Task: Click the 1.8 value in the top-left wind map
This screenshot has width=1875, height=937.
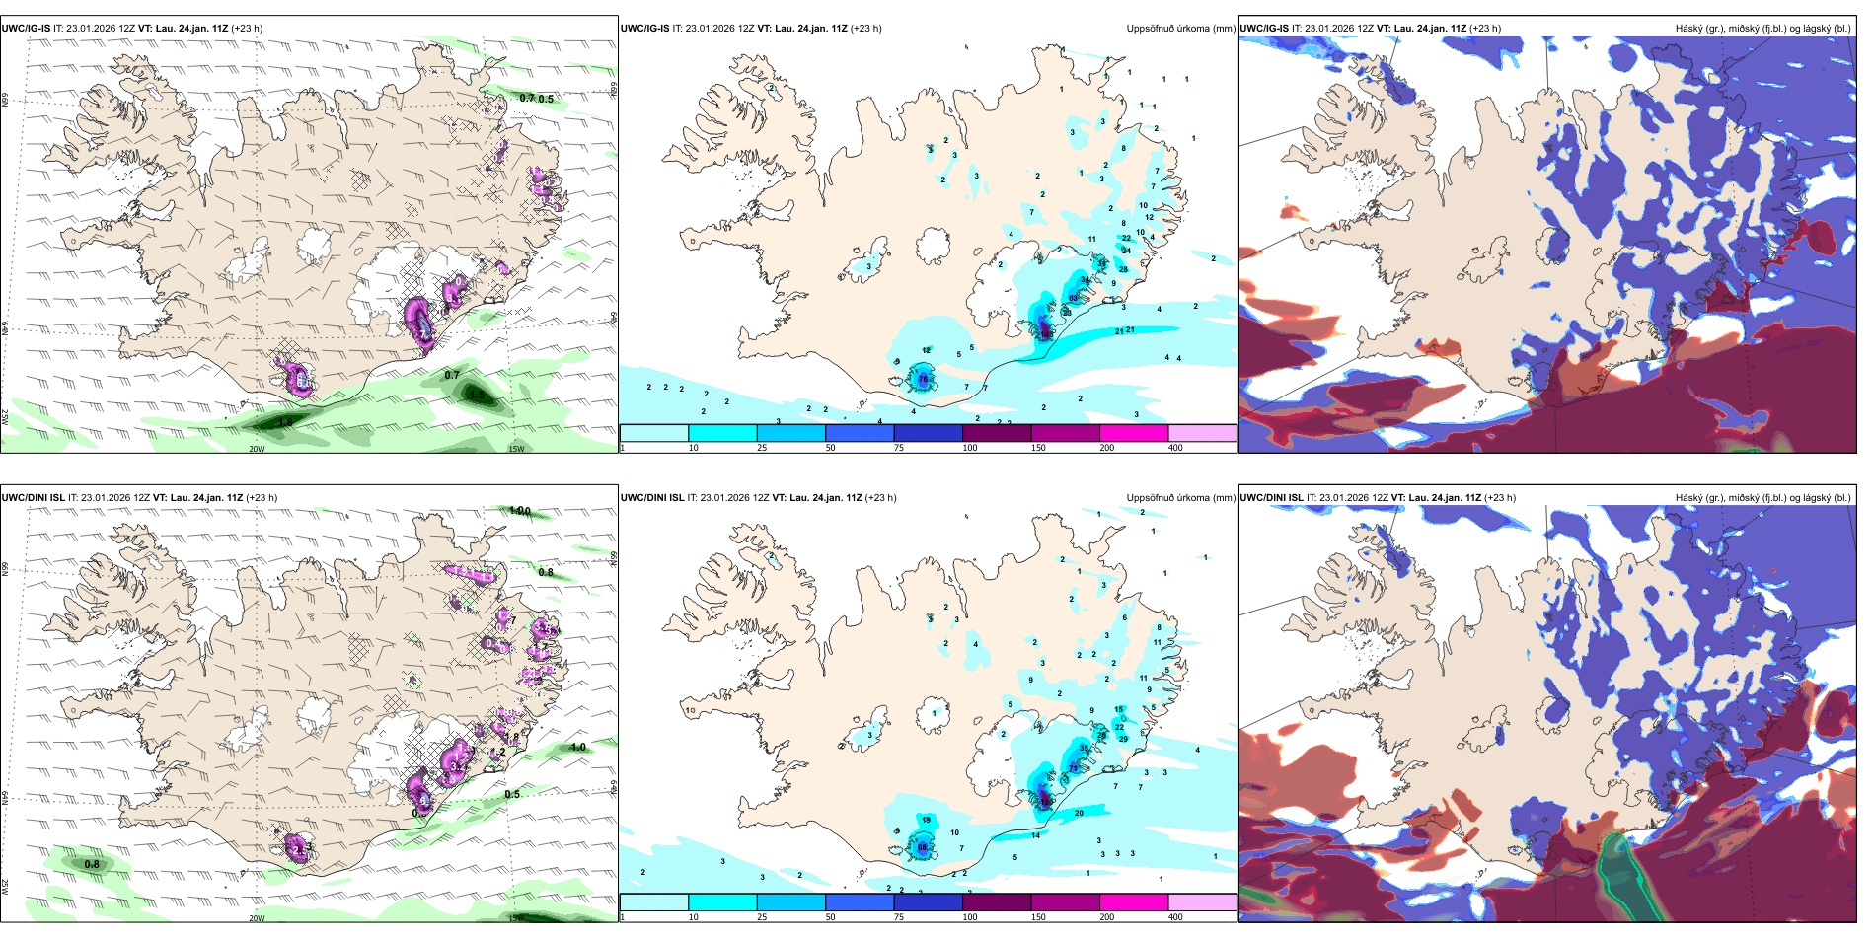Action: [x=285, y=422]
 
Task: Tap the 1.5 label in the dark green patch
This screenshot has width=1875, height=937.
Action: [x=477, y=395]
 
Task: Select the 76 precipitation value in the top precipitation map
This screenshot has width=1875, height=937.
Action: [x=924, y=379]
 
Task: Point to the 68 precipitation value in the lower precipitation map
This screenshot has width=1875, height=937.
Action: [x=923, y=847]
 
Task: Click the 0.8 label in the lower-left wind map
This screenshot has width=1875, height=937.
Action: [x=92, y=865]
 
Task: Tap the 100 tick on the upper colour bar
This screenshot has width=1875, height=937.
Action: [x=970, y=448]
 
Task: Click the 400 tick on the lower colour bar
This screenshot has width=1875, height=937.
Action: [x=1175, y=917]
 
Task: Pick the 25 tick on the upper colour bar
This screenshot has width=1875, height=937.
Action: [x=762, y=448]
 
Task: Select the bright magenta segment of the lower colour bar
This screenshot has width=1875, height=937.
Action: [x=1134, y=902]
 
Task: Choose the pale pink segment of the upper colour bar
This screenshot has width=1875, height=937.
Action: [x=1202, y=433]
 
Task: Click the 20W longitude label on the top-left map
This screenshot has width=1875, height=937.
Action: [x=257, y=449]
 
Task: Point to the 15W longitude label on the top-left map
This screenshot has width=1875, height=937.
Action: [x=516, y=449]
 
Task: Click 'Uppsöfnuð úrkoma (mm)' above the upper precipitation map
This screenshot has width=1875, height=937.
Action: [x=1180, y=29]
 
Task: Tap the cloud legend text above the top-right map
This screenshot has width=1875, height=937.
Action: [x=1762, y=29]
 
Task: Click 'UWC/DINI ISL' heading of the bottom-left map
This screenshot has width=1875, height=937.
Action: [x=34, y=498]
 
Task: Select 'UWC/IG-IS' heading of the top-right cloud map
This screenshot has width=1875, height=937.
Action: [x=1264, y=29]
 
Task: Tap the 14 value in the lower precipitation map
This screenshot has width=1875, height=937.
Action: [x=1036, y=835]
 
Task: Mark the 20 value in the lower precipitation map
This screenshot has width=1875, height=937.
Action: [x=1079, y=813]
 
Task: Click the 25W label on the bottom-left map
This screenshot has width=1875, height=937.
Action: [x=6, y=885]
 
